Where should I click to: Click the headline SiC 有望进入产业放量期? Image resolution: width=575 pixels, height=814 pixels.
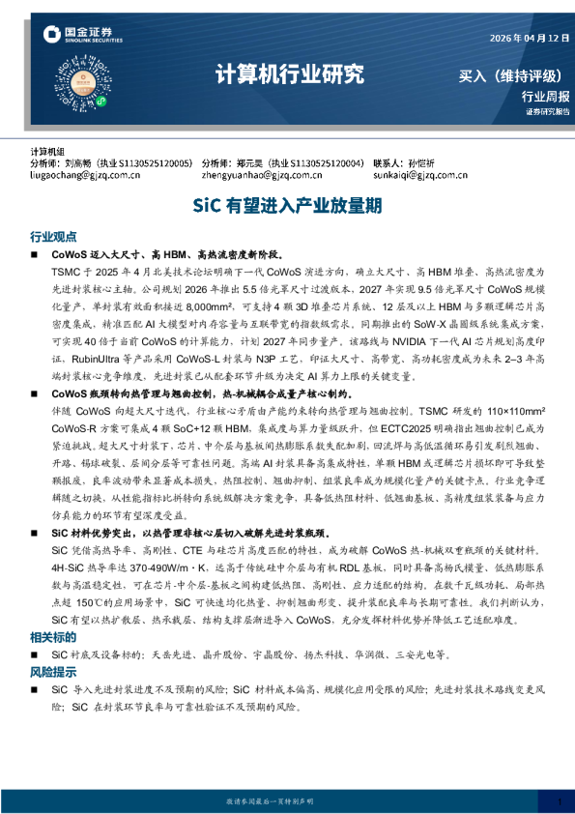(287, 206)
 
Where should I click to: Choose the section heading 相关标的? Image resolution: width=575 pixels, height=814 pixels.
(53, 637)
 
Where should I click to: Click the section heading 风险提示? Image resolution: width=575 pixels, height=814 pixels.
(53, 672)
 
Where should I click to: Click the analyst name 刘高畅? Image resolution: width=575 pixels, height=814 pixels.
(91, 164)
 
